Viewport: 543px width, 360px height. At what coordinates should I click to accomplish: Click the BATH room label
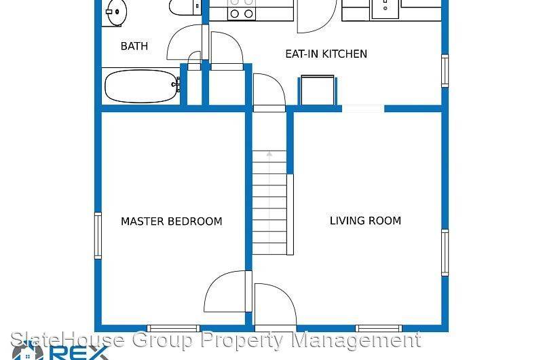pyautogui.click(x=134, y=46)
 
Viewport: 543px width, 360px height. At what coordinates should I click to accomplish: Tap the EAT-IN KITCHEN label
pyautogui.click(x=326, y=54)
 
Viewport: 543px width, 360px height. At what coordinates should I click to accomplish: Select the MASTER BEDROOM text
pyautogui.click(x=171, y=221)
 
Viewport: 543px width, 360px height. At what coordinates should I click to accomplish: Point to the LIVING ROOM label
pyautogui.click(x=365, y=221)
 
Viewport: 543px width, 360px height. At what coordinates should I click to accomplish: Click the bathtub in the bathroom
pyautogui.click(x=141, y=86)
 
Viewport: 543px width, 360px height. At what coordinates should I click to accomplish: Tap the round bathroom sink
pyautogui.click(x=115, y=11)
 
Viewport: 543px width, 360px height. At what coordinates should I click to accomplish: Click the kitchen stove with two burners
pyautogui.click(x=241, y=12)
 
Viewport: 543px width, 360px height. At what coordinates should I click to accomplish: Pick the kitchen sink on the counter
pyautogui.click(x=384, y=8)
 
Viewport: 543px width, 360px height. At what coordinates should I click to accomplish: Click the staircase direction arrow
pyautogui.click(x=269, y=156)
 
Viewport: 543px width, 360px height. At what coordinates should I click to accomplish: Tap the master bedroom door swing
pyautogui.click(x=227, y=292)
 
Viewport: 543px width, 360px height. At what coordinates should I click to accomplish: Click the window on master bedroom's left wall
pyautogui.click(x=98, y=235)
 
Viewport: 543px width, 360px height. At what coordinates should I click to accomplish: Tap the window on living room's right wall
pyautogui.click(x=445, y=250)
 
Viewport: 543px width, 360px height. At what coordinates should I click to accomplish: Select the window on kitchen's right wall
pyautogui.click(x=445, y=71)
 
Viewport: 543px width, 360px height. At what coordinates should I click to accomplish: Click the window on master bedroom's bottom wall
pyautogui.click(x=174, y=329)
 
